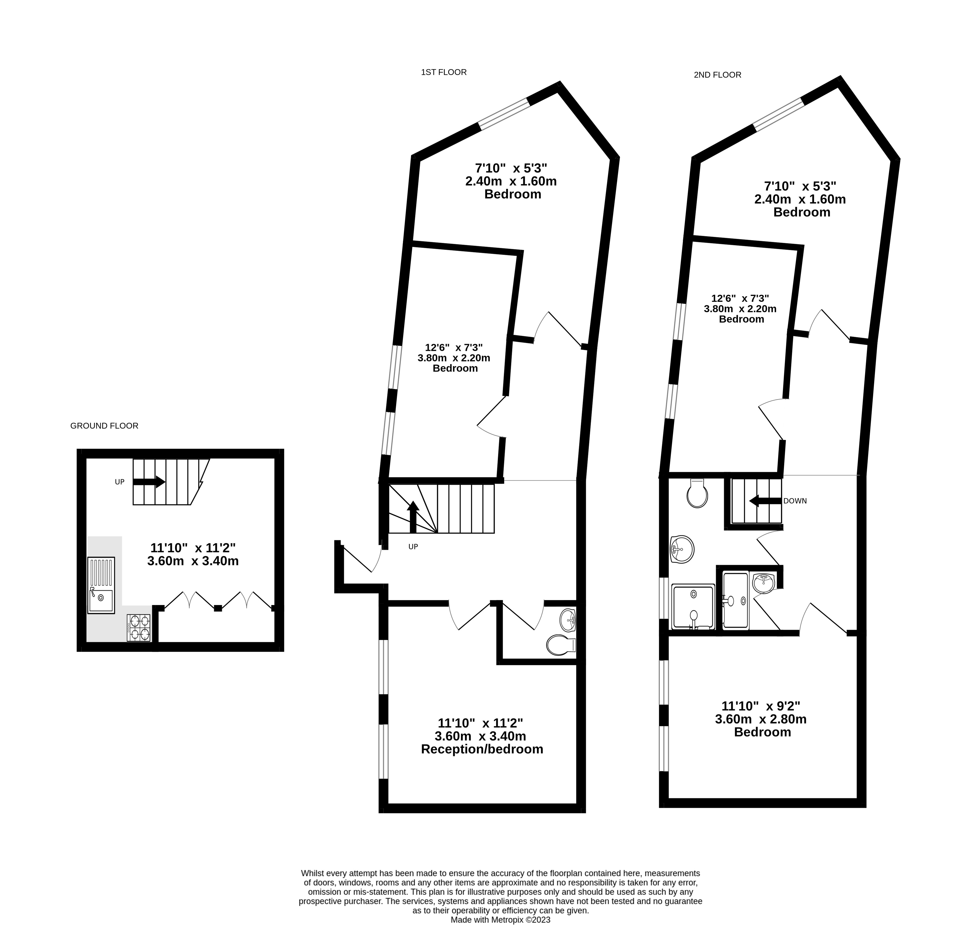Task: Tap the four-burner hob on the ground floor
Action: point(139,628)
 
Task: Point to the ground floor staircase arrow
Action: point(149,482)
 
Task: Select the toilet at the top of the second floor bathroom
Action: point(697,493)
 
